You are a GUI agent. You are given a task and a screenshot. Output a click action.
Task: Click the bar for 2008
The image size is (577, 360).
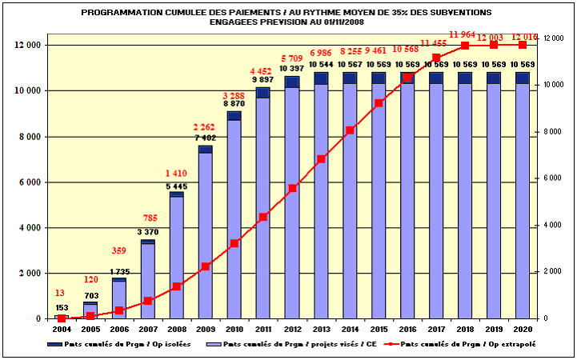[x=177, y=256]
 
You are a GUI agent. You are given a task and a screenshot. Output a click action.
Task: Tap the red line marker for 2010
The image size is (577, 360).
[x=234, y=243]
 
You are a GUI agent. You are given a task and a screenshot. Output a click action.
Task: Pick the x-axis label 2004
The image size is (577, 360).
[x=62, y=329]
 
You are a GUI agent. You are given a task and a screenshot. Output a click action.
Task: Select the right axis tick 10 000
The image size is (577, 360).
[x=554, y=85]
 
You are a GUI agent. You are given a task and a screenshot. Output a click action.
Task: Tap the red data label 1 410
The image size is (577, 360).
[x=176, y=174]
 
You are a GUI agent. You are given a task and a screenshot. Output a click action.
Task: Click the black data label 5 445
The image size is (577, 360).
[x=176, y=186]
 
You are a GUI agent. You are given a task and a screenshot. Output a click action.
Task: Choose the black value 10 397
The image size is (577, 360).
[x=291, y=70]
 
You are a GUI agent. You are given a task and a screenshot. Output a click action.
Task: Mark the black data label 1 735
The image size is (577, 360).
[x=118, y=273]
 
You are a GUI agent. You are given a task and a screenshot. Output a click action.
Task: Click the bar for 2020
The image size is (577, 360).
[x=523, y=195]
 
